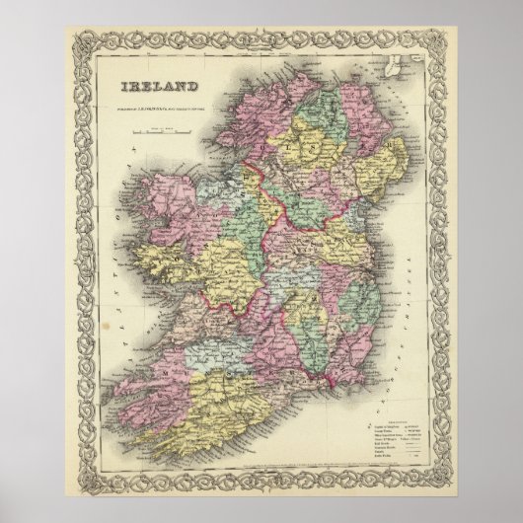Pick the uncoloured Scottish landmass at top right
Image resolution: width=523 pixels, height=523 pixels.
(395, 74)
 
